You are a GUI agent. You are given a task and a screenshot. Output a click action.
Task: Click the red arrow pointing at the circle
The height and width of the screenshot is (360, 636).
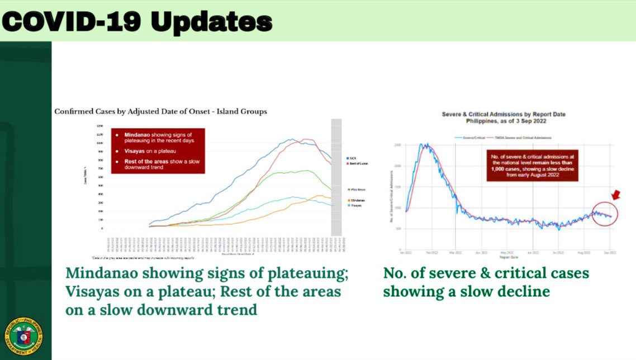(x=615, y=195)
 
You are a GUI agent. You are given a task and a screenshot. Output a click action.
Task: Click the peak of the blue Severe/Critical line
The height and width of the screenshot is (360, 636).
(x=425, y=145)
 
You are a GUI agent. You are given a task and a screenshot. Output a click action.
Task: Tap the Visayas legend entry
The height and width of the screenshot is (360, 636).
(x=355, y=205)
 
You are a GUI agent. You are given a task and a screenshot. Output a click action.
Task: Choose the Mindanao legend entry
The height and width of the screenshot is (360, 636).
(x=356, y=200)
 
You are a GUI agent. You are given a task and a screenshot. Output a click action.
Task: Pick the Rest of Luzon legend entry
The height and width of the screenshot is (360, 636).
(x=357, y=164)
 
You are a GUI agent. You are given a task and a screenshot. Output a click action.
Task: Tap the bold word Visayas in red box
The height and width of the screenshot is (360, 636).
(x=128, y=151)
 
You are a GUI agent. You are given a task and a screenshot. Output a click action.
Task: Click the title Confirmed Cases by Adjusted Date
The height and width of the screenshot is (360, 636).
(x=160, y=112)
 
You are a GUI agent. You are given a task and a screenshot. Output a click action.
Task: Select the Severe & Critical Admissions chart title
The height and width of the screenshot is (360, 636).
(x=504, y=115)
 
